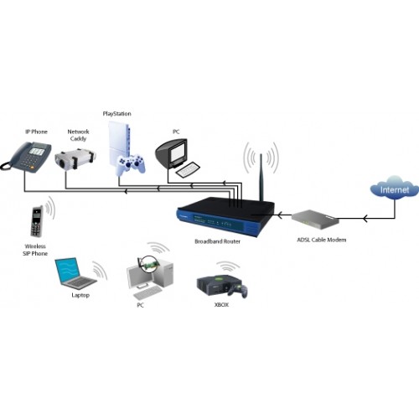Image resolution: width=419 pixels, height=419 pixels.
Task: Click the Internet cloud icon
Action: pos(394,188)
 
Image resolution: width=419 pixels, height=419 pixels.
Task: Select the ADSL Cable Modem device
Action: pos(315,220)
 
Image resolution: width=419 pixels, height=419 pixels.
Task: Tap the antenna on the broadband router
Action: pos(261,178)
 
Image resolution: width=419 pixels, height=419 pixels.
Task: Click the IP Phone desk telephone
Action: pos(27,157)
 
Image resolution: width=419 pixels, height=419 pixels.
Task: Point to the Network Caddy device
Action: pos(75,158)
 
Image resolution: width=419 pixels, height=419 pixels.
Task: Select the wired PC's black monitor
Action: pos(172,154)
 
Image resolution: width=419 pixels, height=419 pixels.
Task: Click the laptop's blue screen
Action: pos(67,270)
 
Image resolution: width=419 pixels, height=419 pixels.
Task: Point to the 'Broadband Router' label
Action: pos(217,241)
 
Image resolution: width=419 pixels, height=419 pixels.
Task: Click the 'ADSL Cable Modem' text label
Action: pos(322,240)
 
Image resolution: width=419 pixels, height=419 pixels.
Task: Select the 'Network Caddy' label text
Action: pos(78,135)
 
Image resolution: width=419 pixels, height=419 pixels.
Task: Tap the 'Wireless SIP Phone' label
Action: pos(35,250)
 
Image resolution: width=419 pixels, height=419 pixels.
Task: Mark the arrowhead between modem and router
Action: pos(280,215)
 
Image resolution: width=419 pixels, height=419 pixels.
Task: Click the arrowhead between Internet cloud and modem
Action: pos(365,218)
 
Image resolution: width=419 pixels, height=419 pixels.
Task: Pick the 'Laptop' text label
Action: pos(80,295)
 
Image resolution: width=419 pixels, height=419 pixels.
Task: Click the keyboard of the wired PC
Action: pos(188,169)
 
